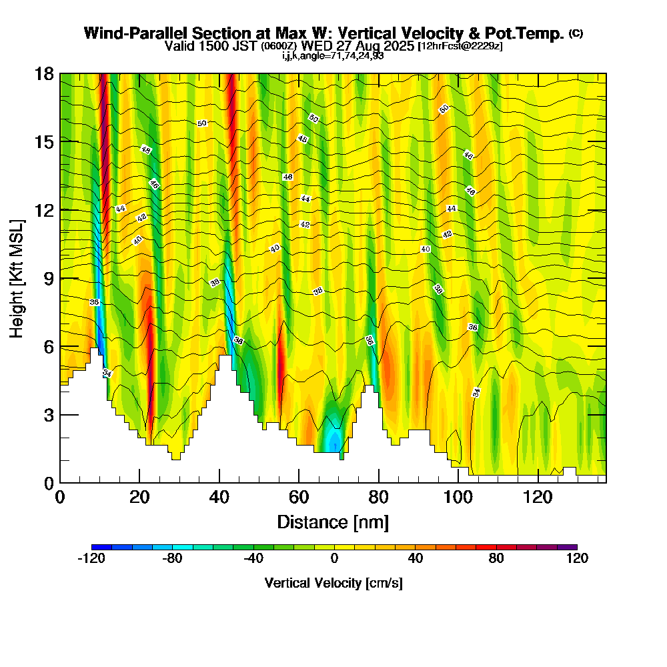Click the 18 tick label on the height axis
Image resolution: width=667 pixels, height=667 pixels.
pyautogui.click(x=44, y=73)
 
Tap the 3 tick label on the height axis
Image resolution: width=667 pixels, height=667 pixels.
pyautogui.click(x=48, y=415)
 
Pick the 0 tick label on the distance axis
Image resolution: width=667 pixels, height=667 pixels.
pyautogui.click(x=60, y=497)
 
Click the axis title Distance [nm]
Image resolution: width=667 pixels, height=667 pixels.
pyautogui.click(x=333, y=522)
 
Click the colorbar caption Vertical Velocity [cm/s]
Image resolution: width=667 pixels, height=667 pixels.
pyautogui.click(x=333, y=583)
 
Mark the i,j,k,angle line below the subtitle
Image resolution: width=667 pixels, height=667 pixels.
pyautogui.click(x=333, y=55)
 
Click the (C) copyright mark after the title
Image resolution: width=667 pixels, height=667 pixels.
pyautogui.click(x=576, y=33)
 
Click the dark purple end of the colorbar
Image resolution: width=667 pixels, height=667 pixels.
pyautogui.click(x=571, y=547)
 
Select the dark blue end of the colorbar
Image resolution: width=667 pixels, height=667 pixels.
pyautogui.click(x=97, y=547)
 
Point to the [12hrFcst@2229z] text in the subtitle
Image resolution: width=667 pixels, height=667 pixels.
pyautogui.click(x=460, y=47)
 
